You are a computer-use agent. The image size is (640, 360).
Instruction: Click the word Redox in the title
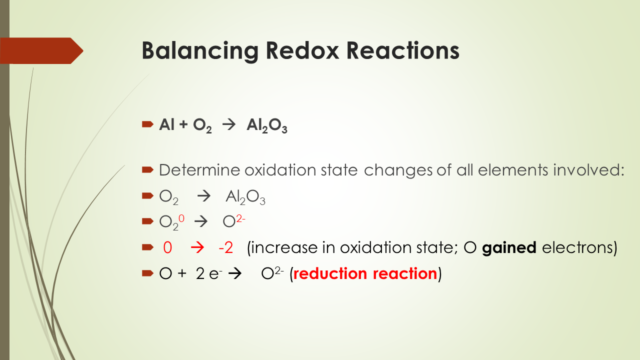pyautogui.click(x=298, y=50)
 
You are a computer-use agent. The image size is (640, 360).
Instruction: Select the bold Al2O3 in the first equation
pyautogui.click(x=266, y=126)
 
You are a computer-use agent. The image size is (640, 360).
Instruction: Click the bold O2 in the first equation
pyautogui.click(x=201, y=126)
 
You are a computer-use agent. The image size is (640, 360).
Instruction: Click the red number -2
pyautogui.click(x=225, y=247)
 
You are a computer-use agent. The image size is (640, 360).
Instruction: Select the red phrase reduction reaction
pyautogui.click(x=365, y=273)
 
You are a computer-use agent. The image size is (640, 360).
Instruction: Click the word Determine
pyautogui.click(x=199, y=170)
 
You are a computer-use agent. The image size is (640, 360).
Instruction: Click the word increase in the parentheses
pyautogui.click(x=285, y=247)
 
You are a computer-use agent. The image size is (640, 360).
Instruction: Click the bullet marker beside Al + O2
pyautogui.click(x=147, y=124)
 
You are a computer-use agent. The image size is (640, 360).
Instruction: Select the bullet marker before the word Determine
pyautogui.click(x=147, y=170)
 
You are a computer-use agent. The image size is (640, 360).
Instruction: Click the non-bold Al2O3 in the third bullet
pyautogui.click(x=245, y=197)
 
